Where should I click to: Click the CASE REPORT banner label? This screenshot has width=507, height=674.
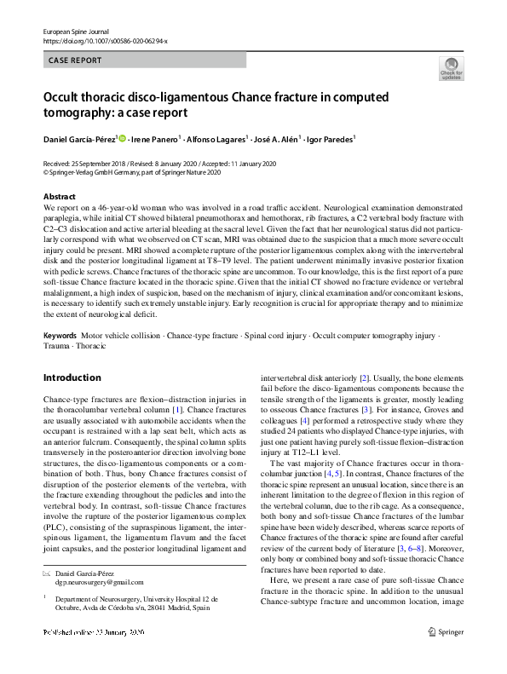pos(76,60)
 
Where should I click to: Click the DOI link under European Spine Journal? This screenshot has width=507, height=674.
pos(105,41)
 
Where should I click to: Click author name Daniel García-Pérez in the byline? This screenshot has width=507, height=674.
pos(81,138)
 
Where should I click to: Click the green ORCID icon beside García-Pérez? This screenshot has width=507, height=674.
pos(123,138)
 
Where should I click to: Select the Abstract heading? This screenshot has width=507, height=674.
pos(60,197)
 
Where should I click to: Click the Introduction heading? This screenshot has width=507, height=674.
pos(72,377)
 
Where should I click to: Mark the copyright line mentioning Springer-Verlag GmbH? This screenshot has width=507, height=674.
pos(132,171)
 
